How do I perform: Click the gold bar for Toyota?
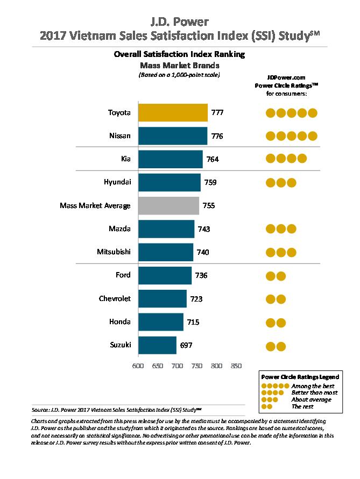coord(173,113)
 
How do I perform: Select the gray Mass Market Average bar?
coord(168,206)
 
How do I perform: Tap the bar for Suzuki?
coord(157,345)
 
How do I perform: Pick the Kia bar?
coord(170,159)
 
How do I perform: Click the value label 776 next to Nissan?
coord(217,136)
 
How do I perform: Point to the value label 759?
coord(210,183)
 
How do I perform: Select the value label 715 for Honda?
coord(193,322)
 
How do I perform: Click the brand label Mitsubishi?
coord(114,252)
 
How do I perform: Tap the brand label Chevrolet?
coord(115,298)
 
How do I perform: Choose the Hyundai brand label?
coord(117,182)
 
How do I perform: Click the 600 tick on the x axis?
coord(138,366)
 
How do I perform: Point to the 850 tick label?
coord(236,366)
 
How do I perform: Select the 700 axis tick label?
coord(177,366)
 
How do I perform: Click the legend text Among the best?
coord(313,386)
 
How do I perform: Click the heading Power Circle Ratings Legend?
coord(299,377)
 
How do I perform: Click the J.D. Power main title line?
coord(180,22)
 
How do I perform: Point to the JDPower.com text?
coord(286,77)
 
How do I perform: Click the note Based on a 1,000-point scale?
coord(180,75)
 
